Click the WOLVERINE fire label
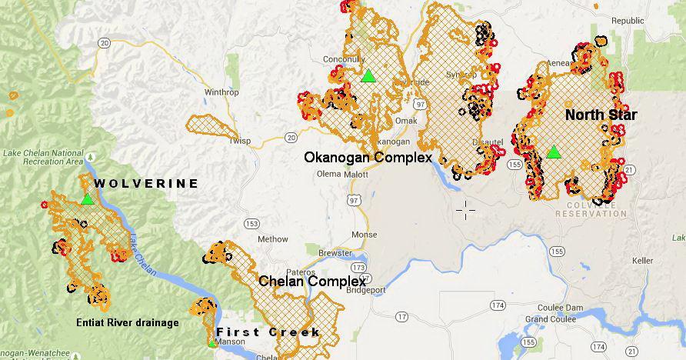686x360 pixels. click(x=146, y=184)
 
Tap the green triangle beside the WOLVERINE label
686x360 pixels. click(x=87, y=199)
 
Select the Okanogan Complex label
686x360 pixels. click(x=367, y=157)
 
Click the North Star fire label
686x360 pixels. click(x=601, y=115)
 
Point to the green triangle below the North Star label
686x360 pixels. click(x=553, y=152)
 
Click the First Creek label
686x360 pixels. click(x=267, y=332)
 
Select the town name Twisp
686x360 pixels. click(x=240, y=141)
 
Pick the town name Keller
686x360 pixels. click(x=642, y=261)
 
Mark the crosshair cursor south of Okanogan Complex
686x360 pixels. click(x=465, y=208)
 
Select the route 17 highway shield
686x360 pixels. click(x=401, y=316)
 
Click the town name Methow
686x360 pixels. click(x=273, y=239)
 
